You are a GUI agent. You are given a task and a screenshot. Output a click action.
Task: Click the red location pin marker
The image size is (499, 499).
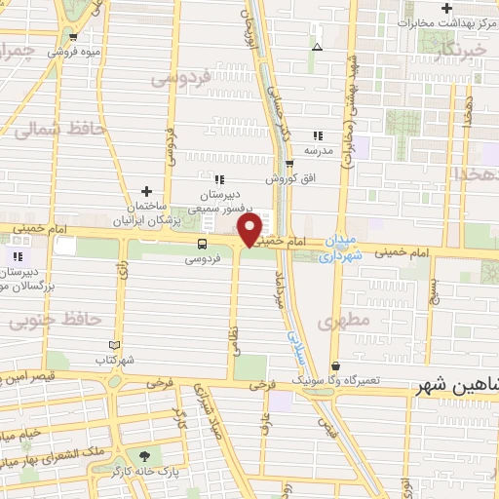pyautogui.click(x=250, y=230)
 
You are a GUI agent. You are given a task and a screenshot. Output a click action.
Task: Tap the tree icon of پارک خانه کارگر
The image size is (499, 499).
pyautogui.click(x=146, y=454)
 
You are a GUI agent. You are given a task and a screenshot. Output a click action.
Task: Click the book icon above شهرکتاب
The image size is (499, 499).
pyautogui.click(x=115, y=345)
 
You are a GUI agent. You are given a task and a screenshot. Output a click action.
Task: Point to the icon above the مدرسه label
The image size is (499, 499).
pyautogui.click(x=317, y=135)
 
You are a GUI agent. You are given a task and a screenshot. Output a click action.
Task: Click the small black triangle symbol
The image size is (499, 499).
pyautogui.click(x=316, y=46)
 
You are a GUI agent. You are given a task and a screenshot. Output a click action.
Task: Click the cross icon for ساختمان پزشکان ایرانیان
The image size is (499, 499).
pyautogui.click(x=146, y=191)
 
